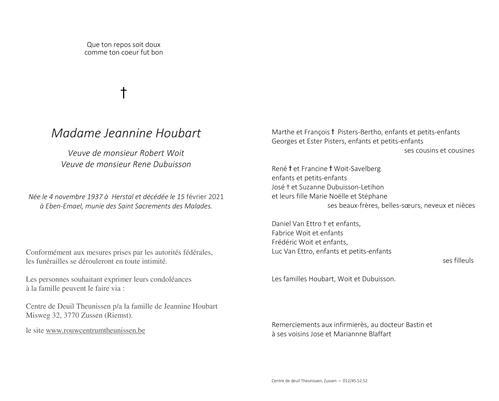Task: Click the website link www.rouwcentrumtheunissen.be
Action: pyautogui.click(x=95, y=331)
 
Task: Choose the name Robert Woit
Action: pyautogui.click(x=162, y=153)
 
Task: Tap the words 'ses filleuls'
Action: pyautogui.click(x=458, y=261)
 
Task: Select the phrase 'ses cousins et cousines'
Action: pyautogui.click(x=439, y=151)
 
